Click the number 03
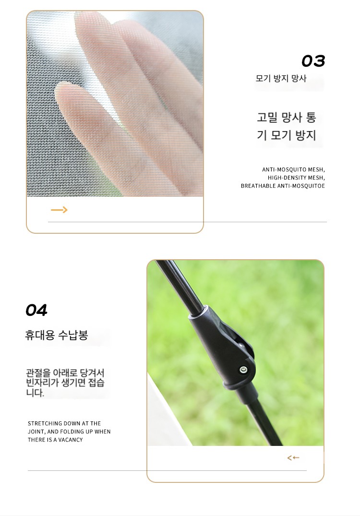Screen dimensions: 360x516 tap(313, 61)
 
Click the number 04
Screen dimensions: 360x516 tap(36, 311)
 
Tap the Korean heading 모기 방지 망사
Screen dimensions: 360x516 tap(281, 78)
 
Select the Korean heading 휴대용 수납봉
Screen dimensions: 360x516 tap(56, 335)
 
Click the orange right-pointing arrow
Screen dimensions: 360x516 tap(59, 210)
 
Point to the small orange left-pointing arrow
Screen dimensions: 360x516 tap(293, 458)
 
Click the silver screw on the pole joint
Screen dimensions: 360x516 tap(243, 370)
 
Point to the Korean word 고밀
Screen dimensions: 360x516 tap(267, 118)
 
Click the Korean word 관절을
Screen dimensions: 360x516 tap(38, 373)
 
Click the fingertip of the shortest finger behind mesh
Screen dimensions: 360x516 tap(64, 91)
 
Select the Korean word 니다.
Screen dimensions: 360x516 tap(35, 393)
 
